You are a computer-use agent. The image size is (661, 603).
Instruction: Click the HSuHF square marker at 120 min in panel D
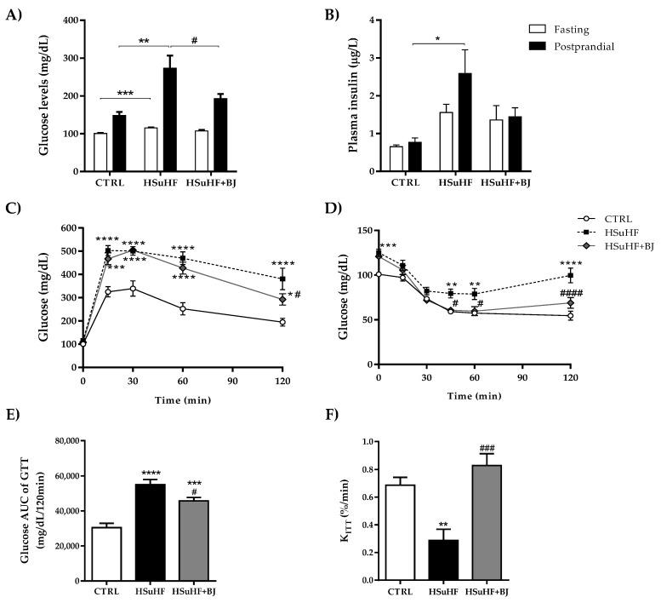(571, 275)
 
